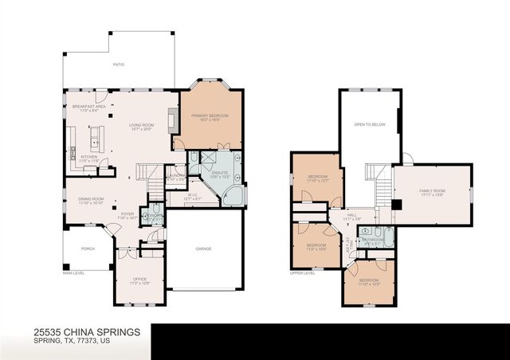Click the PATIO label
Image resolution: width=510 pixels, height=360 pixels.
coord(118,65)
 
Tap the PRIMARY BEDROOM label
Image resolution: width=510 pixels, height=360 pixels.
coord(210,116)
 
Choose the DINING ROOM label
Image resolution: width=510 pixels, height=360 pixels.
coord(90,199)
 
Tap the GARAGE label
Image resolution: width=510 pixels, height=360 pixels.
coord(203,248)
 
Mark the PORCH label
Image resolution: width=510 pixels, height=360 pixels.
coord(88,248)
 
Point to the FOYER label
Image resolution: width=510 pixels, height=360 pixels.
coord(127,213)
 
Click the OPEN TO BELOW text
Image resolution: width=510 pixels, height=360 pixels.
coord(370,125)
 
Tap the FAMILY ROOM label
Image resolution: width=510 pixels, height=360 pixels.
coord(433,192)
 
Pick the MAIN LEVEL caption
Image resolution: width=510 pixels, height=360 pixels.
coord(73,273)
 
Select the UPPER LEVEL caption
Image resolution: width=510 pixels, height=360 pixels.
coord(303,273)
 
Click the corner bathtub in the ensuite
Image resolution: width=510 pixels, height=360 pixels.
coord(233,194)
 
